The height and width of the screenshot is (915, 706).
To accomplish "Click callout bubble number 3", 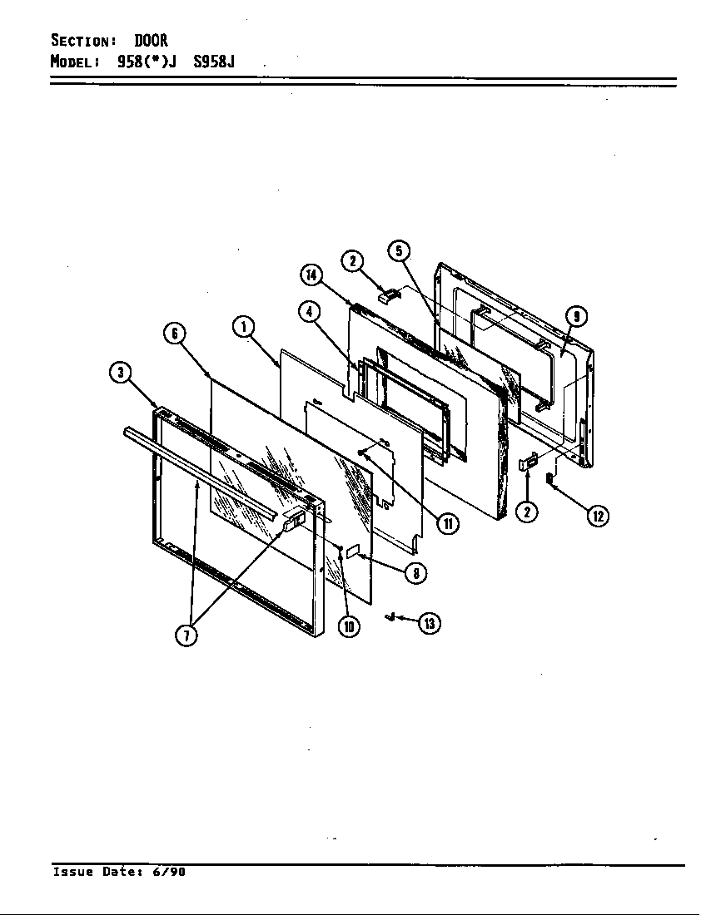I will coord(122,373).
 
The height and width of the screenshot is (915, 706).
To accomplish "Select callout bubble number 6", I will coord(173,334).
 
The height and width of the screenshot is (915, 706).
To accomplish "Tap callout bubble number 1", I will coord(243,327).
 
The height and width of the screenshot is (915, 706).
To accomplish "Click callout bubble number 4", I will coord(309,312).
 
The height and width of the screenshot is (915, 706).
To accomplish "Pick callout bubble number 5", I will coord(399,250).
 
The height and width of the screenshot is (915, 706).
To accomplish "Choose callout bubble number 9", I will coord(576,316).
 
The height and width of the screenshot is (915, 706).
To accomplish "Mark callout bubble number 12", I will coord(598,516).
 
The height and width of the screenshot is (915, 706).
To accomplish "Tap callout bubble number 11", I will coord(448,523).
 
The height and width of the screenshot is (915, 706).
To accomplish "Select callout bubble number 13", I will coord(430,622).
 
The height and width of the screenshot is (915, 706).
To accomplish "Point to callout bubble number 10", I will coord(348,626).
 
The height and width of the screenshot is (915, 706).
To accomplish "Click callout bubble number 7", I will coord(186,636).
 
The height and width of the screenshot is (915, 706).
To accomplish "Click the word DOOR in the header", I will coord(152,41).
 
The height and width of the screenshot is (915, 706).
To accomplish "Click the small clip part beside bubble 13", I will coord(389,616).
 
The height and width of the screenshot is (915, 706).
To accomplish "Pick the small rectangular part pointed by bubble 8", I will coord(352,550).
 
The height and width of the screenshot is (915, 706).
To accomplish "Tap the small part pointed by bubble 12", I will coord(549,478).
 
